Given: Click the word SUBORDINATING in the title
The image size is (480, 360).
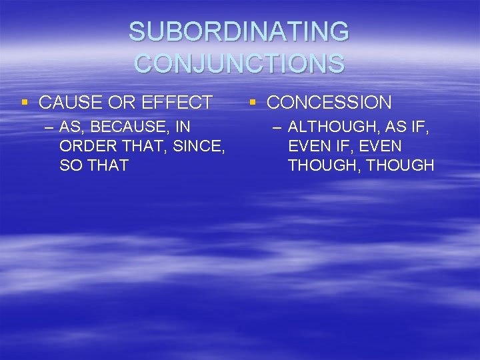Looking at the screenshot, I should [x=239, y=32].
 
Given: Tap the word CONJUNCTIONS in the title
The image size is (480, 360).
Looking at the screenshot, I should [x=239, y=63].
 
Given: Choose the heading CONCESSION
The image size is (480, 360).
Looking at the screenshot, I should [x=329, y=103].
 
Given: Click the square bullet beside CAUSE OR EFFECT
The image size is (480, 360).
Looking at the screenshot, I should [x=25, y=102].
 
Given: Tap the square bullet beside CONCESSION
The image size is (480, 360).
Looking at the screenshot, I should [x=253, y=102].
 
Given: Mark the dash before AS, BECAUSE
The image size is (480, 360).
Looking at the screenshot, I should [x=49, y=127].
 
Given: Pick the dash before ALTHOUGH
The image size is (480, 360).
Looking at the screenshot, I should [x=278, y=127].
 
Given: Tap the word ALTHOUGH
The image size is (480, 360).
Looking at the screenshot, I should [x=333, y=127].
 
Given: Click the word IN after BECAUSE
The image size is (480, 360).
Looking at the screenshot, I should [x=183, y=127].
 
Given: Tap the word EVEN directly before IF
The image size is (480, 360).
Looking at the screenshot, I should [x=311, y=146].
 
